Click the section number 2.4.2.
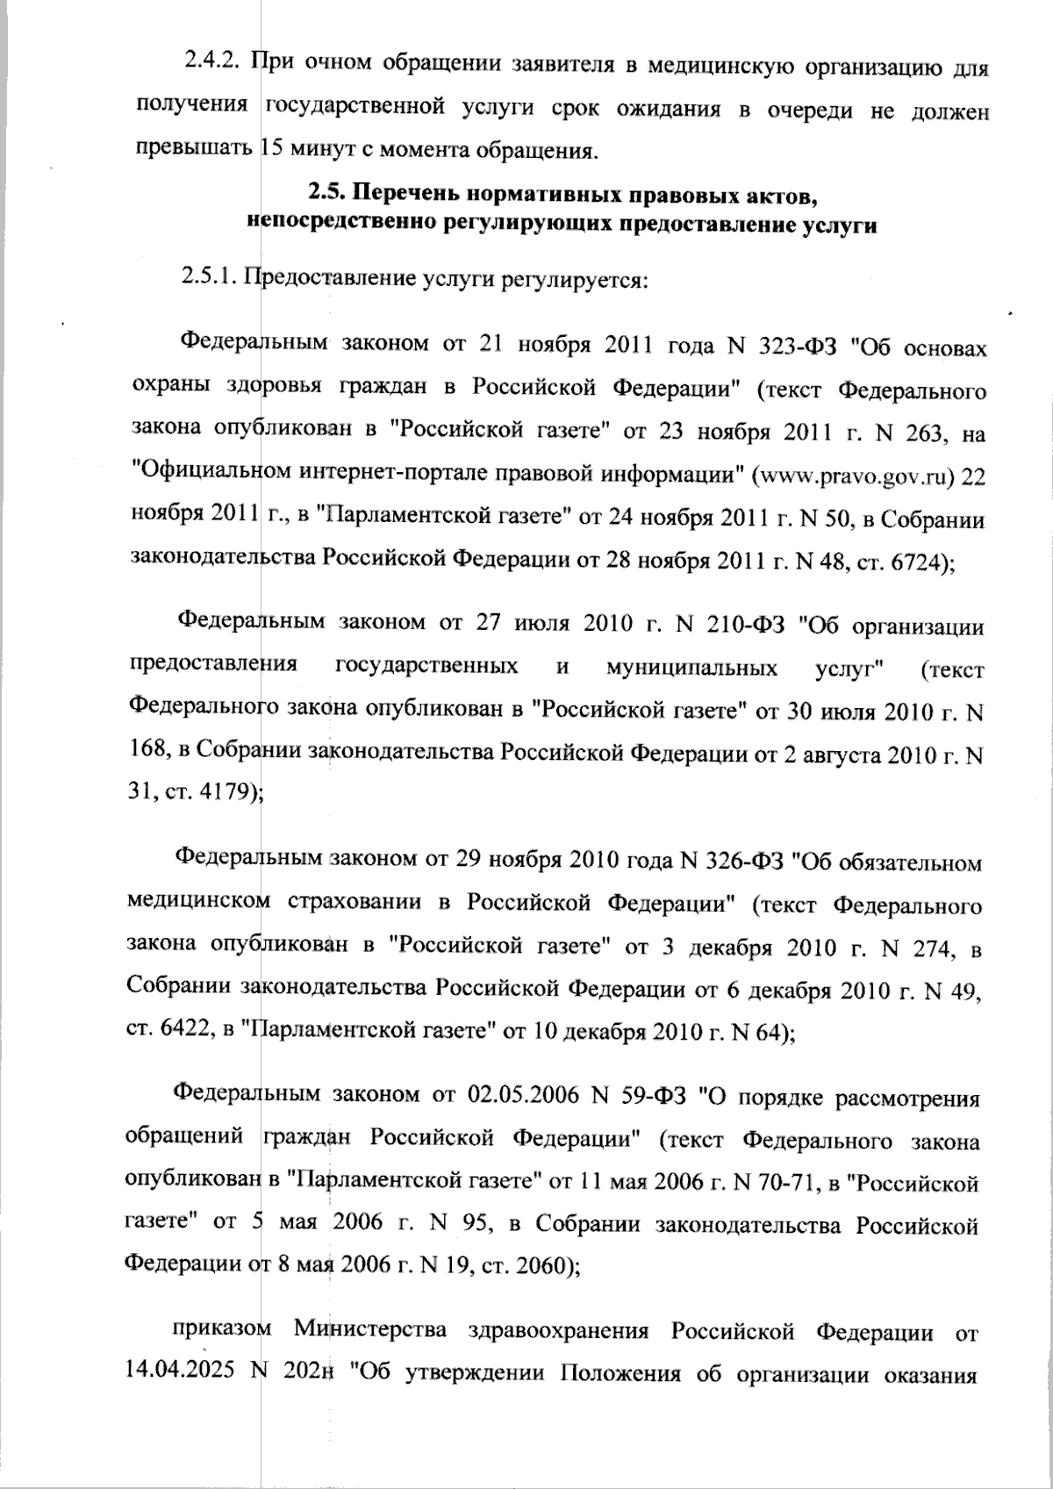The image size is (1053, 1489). point(212,66)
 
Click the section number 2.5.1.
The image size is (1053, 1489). point(211,279)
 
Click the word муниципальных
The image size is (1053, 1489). point(691,669)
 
